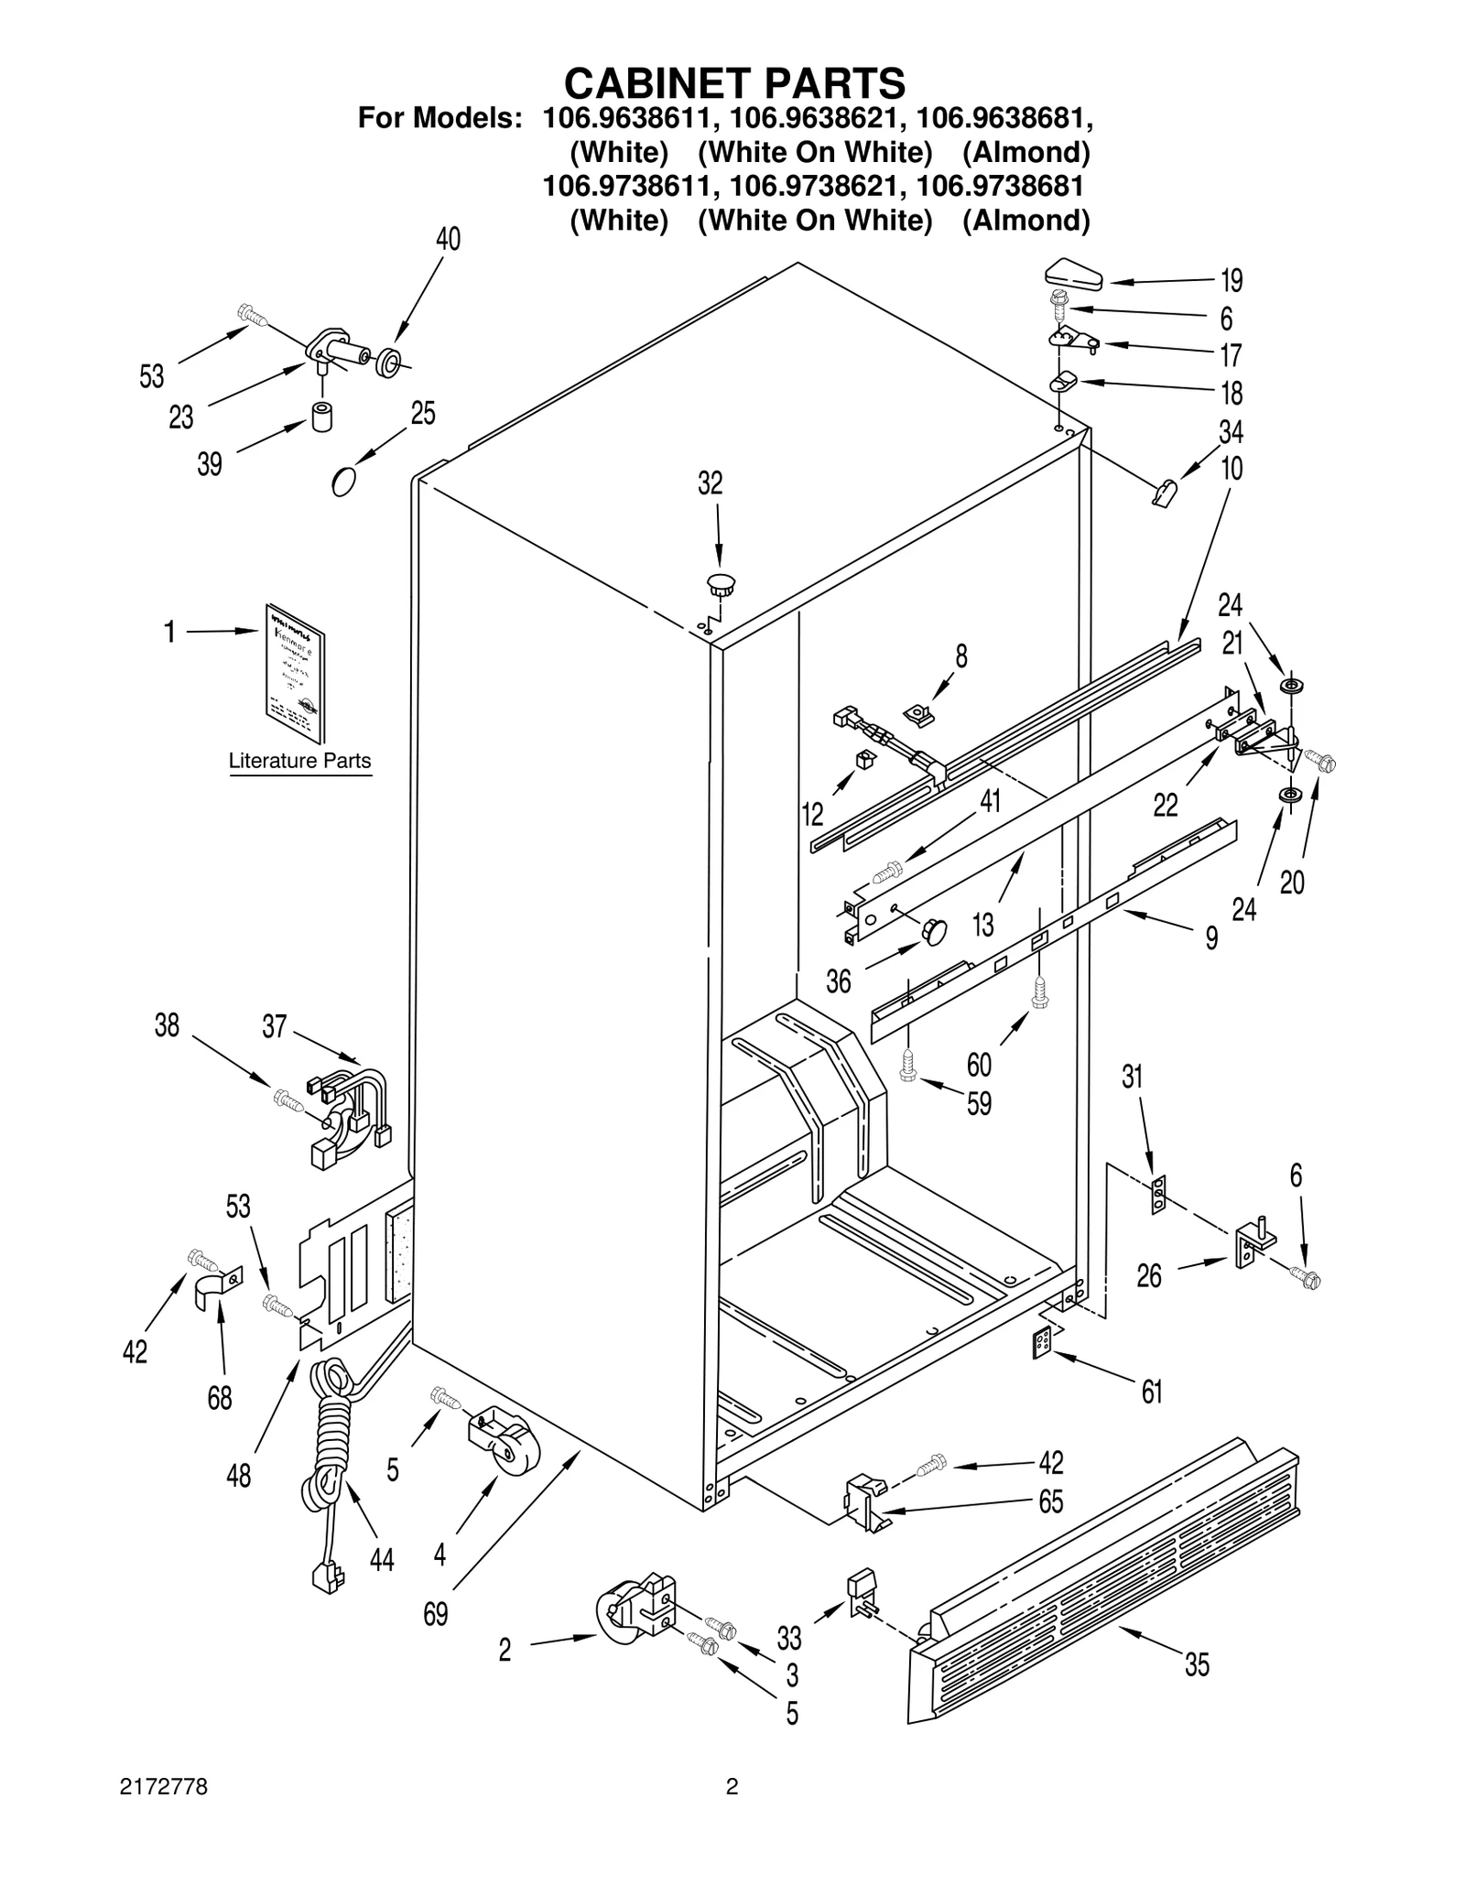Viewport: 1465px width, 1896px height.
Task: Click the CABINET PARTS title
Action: [734, 83]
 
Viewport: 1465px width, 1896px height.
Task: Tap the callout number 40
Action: [448, 239]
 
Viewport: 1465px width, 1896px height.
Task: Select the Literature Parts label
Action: [299, 761]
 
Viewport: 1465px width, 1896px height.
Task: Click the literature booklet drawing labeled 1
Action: [295, 673]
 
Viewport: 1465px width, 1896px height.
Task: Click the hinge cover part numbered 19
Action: [1074, 273]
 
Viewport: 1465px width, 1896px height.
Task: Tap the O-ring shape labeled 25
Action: [343, 481]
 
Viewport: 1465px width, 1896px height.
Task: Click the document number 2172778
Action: [164, 1814]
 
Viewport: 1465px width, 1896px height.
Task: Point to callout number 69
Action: [436, 1613]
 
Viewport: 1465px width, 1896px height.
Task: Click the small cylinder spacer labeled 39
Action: [322, 417]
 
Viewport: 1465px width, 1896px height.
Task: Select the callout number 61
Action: [1152, 1392]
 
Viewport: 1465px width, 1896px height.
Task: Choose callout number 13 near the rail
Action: [982, 925]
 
